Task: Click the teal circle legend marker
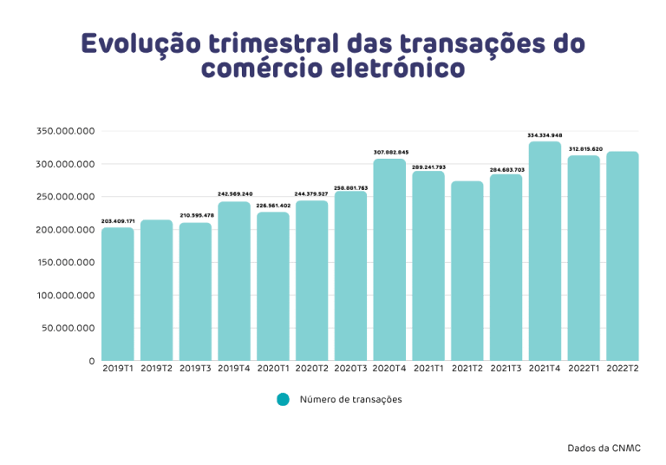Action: pyautogui.click(x=283, y=399)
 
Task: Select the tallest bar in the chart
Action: pyautogui.click(x=545, y=251)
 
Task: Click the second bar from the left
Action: pyautogui.click(x=157, y=290)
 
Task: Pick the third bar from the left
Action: pyautogui.click(x=195, y=291)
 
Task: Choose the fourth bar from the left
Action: pyautogui.click(x=234, y=281)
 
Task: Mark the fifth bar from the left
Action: pyautogui.click(x=273, y=286)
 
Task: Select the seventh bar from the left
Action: pyautogui.click(x=350, y=276)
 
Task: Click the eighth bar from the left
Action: pyautogui.click(x=389, y=259)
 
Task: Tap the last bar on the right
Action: pyautogui.click(x=623, y=256)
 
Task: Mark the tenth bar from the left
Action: pyautogui.click(x=467, y=271)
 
